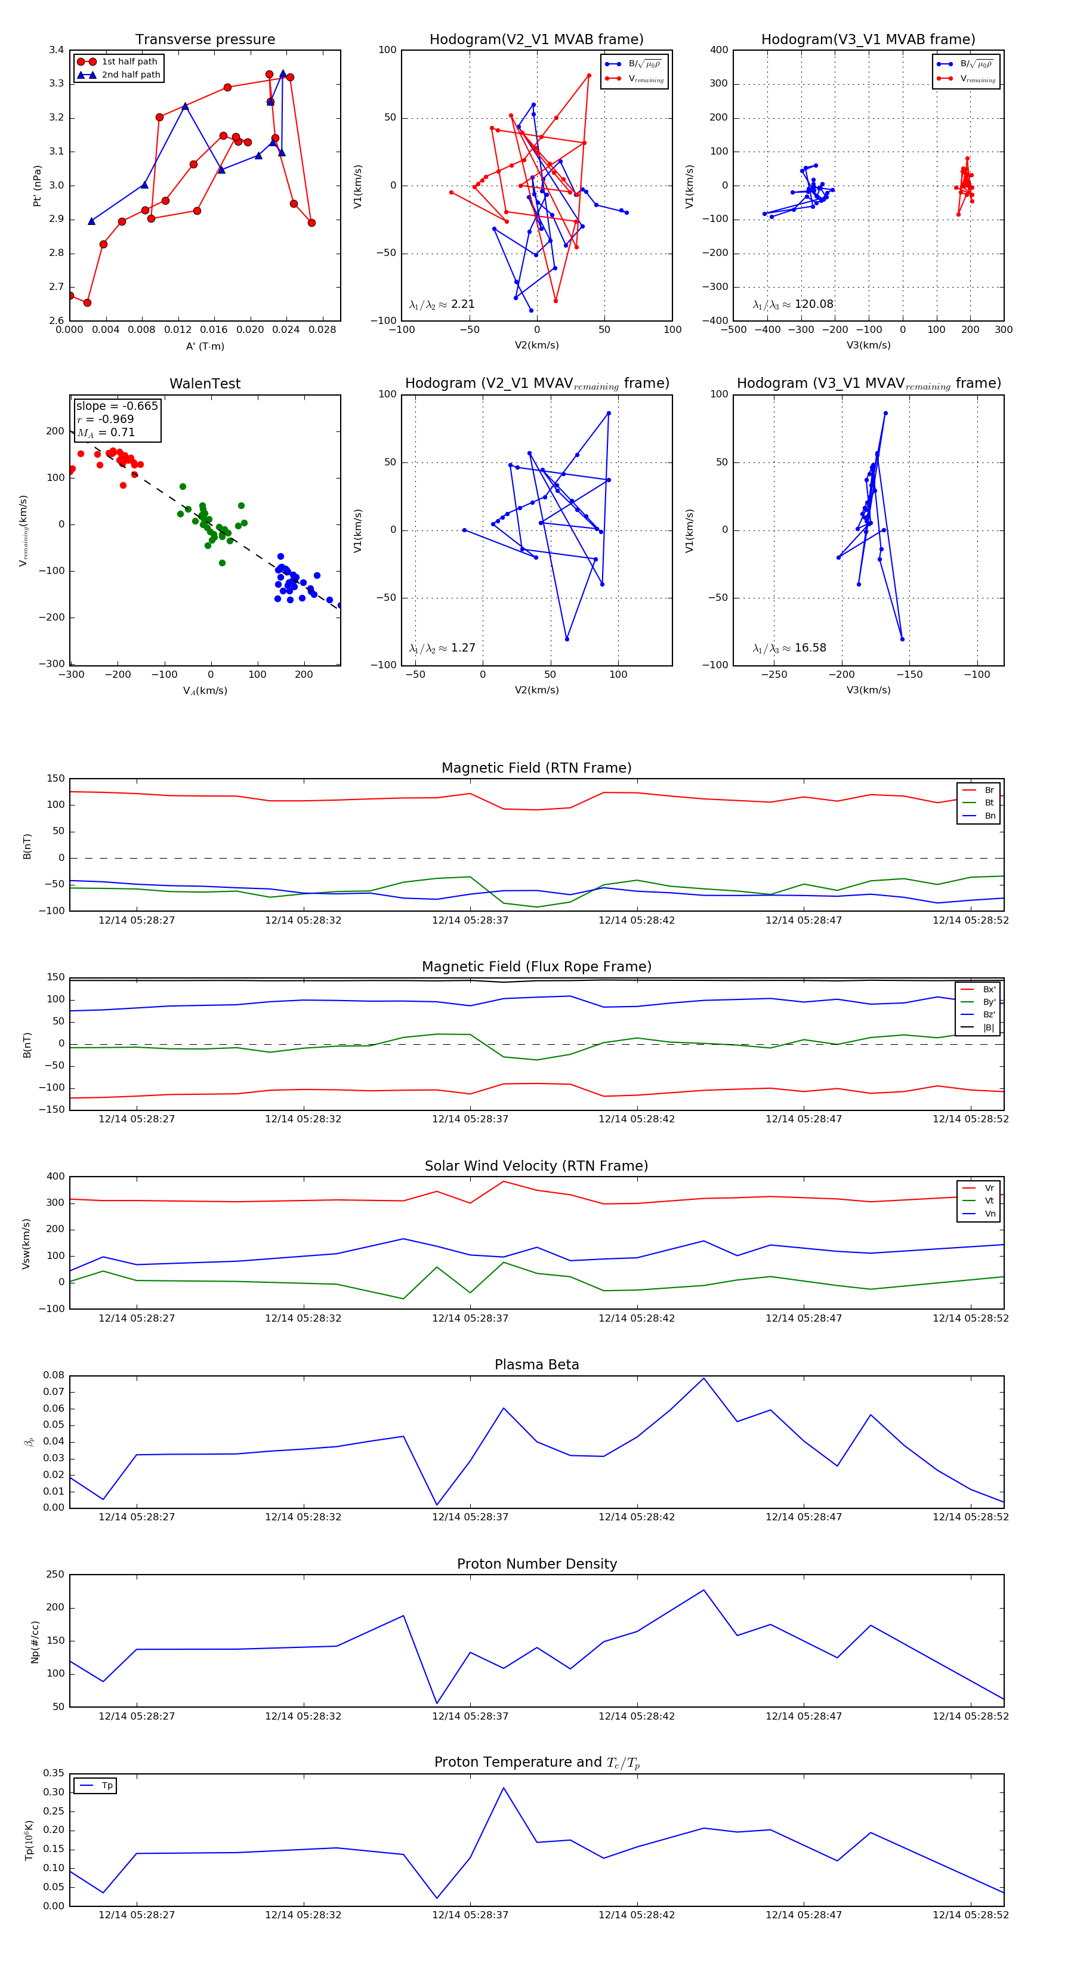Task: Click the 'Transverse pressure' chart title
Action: pyautogui.click(x=205, y=40)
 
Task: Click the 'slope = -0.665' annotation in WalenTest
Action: pyautogui.click(x=116, y=406)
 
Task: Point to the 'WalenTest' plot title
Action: pyautogui.click(x=205, y=384)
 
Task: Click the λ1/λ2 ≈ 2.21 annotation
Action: pyautogui.click(x=442, y=304)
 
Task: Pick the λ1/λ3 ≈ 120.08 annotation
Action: pyautogui.click(x=793, y=304)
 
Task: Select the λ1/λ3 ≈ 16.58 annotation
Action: pyautogui.click(x=789, y=648)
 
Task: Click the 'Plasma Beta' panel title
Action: pyautogui.click(x=536, y=1365)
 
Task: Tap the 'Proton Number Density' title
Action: pyautogui.click(x=536, y=1564)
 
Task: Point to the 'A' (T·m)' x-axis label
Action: pyautogui.click(x=205, y=346)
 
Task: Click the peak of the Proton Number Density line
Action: pyautogui.click(x=703, y=1590)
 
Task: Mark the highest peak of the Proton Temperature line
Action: pyautogui.click(x=504, y=1788)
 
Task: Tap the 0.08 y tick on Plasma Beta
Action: pyautogui.click(x=54, y=1375)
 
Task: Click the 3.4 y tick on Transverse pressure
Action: pyautogui.click(x=57, y=51)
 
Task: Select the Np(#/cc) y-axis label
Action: pyautogui.click(x=35, y=1641)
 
